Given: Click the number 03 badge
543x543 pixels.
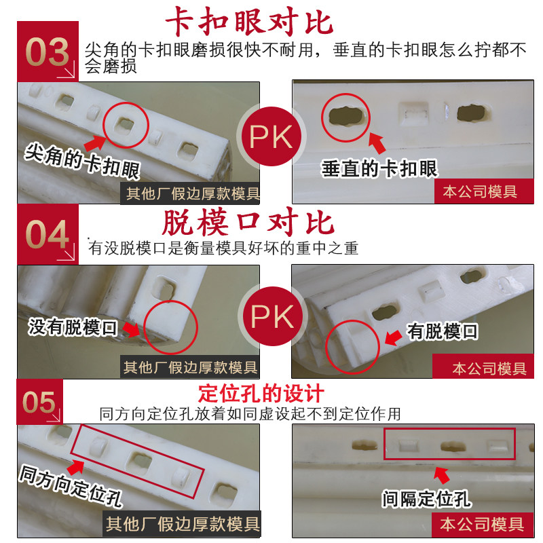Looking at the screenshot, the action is [48, 52].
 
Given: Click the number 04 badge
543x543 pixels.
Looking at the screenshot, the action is [48, 234].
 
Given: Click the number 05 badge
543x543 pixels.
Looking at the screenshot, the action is [40, 402].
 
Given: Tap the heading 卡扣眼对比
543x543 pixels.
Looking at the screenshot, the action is [249, 22].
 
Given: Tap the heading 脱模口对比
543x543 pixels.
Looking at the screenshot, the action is [248, 222].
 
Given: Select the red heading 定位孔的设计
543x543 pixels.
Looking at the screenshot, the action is [261, 394].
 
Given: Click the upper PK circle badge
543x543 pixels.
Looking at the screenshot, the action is [271, 136].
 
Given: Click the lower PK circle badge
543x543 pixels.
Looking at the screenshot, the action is [272, 316].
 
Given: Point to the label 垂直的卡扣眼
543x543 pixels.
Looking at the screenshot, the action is [379, 169].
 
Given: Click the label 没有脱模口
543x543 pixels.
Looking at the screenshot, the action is [73, 327].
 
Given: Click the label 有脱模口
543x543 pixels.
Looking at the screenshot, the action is [443, 331].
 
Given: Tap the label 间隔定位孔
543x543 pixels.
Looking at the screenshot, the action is [427, 499].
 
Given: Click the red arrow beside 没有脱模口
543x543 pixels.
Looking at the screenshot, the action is [132, 329].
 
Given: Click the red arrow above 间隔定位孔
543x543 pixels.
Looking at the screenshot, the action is [441, 475].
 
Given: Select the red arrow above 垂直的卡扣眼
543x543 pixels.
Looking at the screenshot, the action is [377, 143].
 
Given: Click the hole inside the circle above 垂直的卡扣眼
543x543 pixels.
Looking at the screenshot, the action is [345, 116].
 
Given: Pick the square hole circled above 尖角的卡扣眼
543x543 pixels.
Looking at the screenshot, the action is [124, 125].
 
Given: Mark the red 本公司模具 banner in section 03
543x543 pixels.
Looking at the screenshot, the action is [484, 191].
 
